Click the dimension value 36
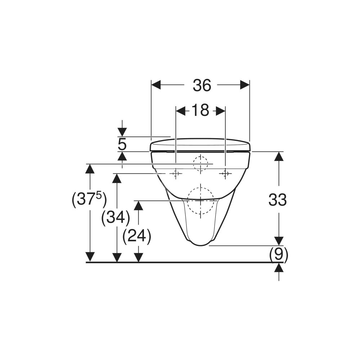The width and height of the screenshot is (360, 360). pyautogui.click(x=202, y=85)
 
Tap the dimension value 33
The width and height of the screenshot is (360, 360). pyautogui.click(x=278, y=200)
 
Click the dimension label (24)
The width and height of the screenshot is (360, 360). pyautogui.click(x=137, y=236)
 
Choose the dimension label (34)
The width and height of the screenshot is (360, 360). pyautogui.click(x=116, y=217)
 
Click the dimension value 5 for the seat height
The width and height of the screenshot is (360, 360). pyautogui.click(x=122, y=145)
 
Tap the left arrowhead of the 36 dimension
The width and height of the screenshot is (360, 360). pyautogui.click(x=156, y=85)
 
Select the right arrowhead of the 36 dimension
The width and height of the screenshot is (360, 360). pyautogui.click(x=245, y=85)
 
